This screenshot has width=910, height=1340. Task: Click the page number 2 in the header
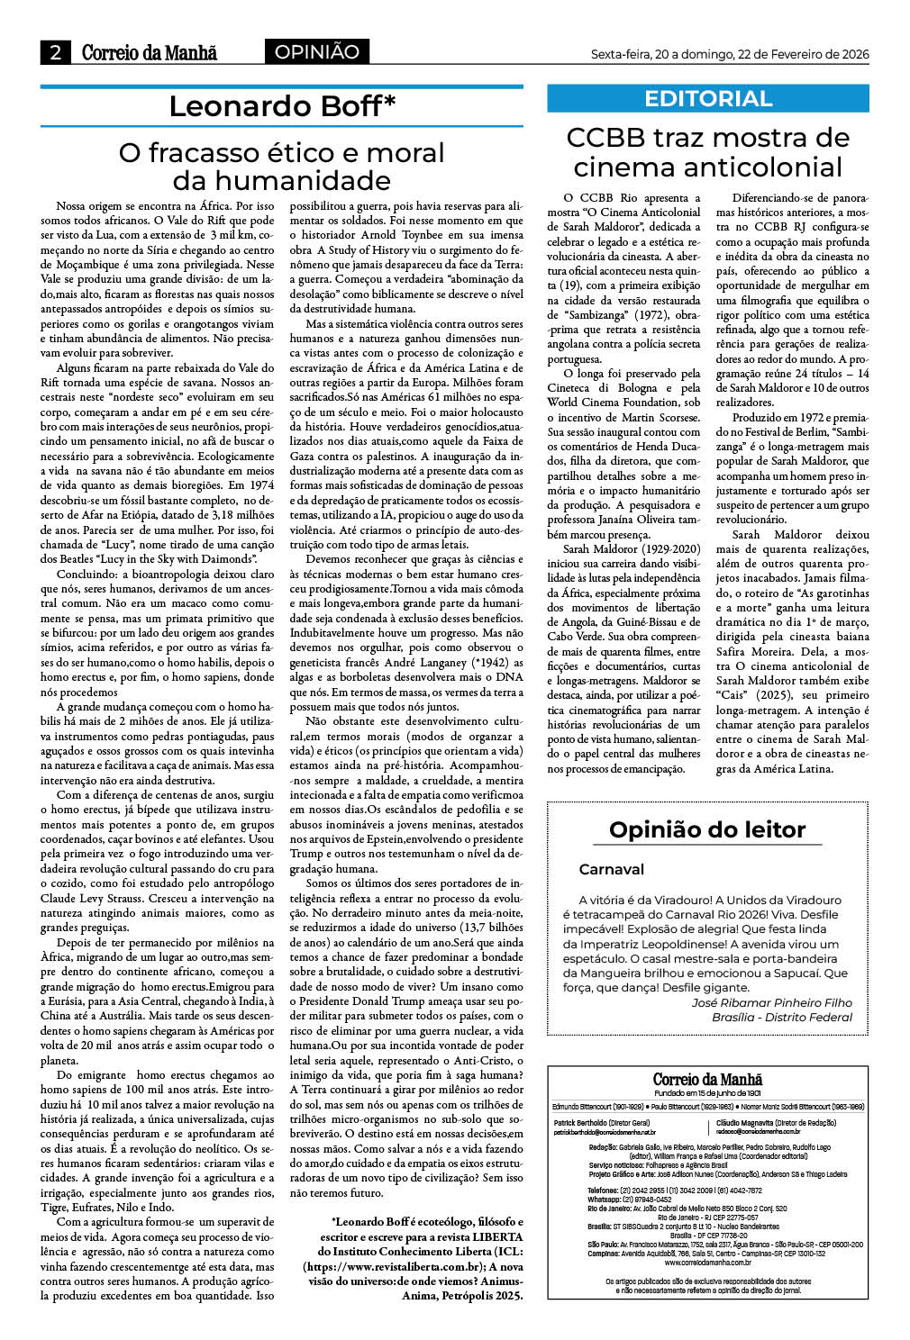pyautogui.click(x=55, y=52)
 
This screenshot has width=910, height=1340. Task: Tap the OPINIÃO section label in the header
pyautogui.click(x=316, y=52)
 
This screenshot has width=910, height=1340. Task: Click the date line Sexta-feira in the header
pyautogui.click(x=729, y=54)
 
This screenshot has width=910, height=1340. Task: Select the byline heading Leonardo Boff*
pyautogui.click(x=282, y=106)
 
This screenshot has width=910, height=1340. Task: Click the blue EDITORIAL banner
pyautogui.click(x=707, y=99)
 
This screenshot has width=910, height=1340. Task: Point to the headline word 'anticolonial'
pyautogui.click(x=707, y=167)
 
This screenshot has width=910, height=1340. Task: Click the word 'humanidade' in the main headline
pyautogui.click(x=281, y=180)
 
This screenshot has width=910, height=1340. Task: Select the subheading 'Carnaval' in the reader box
pyautogui.click(x=611, y=869)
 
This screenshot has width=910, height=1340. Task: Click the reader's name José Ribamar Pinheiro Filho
pyautogui.click(x=771, y=1002)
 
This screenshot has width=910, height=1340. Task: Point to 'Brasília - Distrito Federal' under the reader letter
pyautogui.click(x=781, y=1017)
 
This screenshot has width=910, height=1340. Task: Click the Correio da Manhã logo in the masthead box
pyautogui.click(x=707, y=1080)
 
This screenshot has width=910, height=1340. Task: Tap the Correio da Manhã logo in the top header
pyautogui.click(x=150, y=52)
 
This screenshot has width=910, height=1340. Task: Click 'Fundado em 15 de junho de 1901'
pyautogui.click(x=707, y=1093)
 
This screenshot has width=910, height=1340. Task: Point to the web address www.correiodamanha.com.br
pyautogui.click(x=707, y=1263)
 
